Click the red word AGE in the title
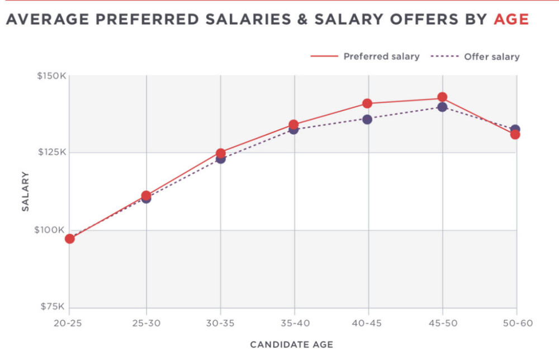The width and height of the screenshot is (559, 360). tap(511, 19)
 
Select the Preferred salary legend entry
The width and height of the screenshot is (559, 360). tap(381, 56)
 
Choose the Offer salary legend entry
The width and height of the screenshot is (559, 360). tap(491, 56)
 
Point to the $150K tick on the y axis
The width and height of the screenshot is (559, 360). tap(51, 75)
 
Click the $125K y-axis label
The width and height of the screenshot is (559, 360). tap(51, 152)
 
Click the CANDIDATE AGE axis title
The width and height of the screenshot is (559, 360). tap(291, 344)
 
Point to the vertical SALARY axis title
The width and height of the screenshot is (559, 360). tap(26, 191)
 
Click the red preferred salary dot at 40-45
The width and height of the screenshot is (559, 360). tap(367, 103)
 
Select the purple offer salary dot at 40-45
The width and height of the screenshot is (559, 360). tap(367, 119)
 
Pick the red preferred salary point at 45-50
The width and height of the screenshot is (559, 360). tap(442, 97)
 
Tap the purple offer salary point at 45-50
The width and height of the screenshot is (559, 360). tap(442, 107)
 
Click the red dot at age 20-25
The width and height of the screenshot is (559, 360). tap(70, 239)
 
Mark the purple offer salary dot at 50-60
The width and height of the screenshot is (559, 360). tap(515, 129)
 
